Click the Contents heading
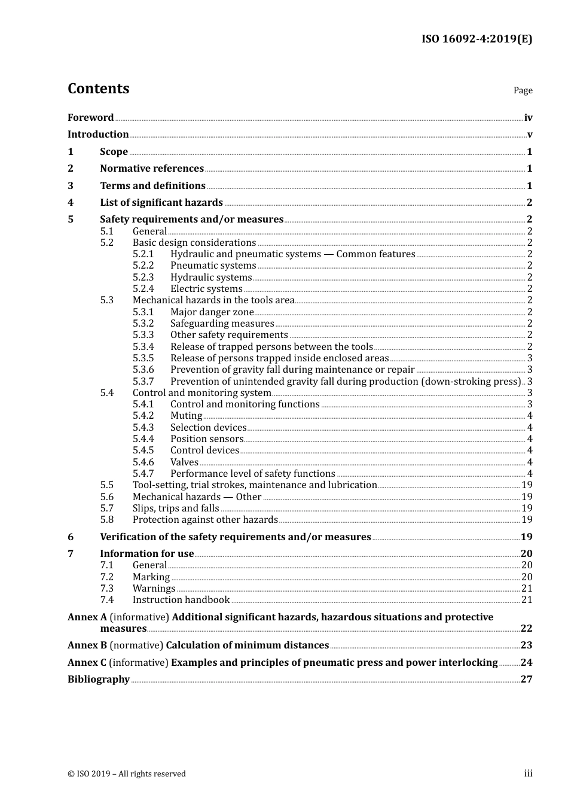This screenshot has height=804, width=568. point(98,89)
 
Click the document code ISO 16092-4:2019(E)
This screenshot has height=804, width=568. point(477,39)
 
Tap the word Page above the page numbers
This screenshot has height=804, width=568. point(523,90)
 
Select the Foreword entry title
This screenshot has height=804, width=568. point(90,118)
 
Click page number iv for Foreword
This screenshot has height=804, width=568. point(528,118)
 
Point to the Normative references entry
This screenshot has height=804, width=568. point(152,169)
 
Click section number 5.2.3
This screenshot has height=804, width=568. point(143,278)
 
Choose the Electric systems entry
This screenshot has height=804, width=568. point(206,289)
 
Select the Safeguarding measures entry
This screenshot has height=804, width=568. point(222,324)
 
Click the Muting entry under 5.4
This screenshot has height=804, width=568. point(186,416)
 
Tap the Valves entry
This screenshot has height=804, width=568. point(184,462)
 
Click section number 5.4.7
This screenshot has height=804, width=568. point(143,474)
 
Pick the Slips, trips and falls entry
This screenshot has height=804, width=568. point(176,508)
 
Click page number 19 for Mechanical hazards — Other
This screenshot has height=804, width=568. point(527,497)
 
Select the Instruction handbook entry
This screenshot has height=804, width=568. point(181,600)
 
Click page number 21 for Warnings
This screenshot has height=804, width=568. point(527,589)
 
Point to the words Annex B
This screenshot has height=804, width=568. point(87,645)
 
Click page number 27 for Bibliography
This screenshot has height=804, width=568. point(526,680)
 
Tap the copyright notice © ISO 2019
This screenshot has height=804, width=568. point(127,774)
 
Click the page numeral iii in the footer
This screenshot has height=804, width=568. point(528,773)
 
